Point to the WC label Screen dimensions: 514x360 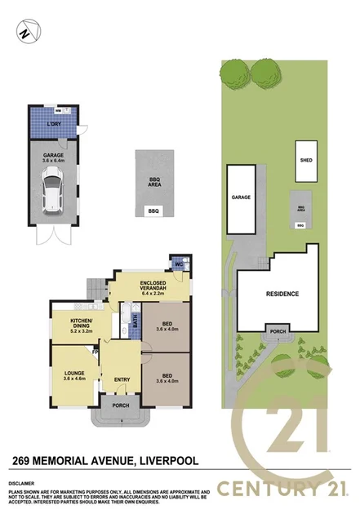pyautogui.click(x=177, y=264)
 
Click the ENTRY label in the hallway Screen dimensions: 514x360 pyautogui.click(x=122, y=379)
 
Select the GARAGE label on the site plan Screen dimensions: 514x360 pyautogui.click(x=240, y=197)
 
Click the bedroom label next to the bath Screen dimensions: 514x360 pyautogui.click(x=166, y=327)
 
